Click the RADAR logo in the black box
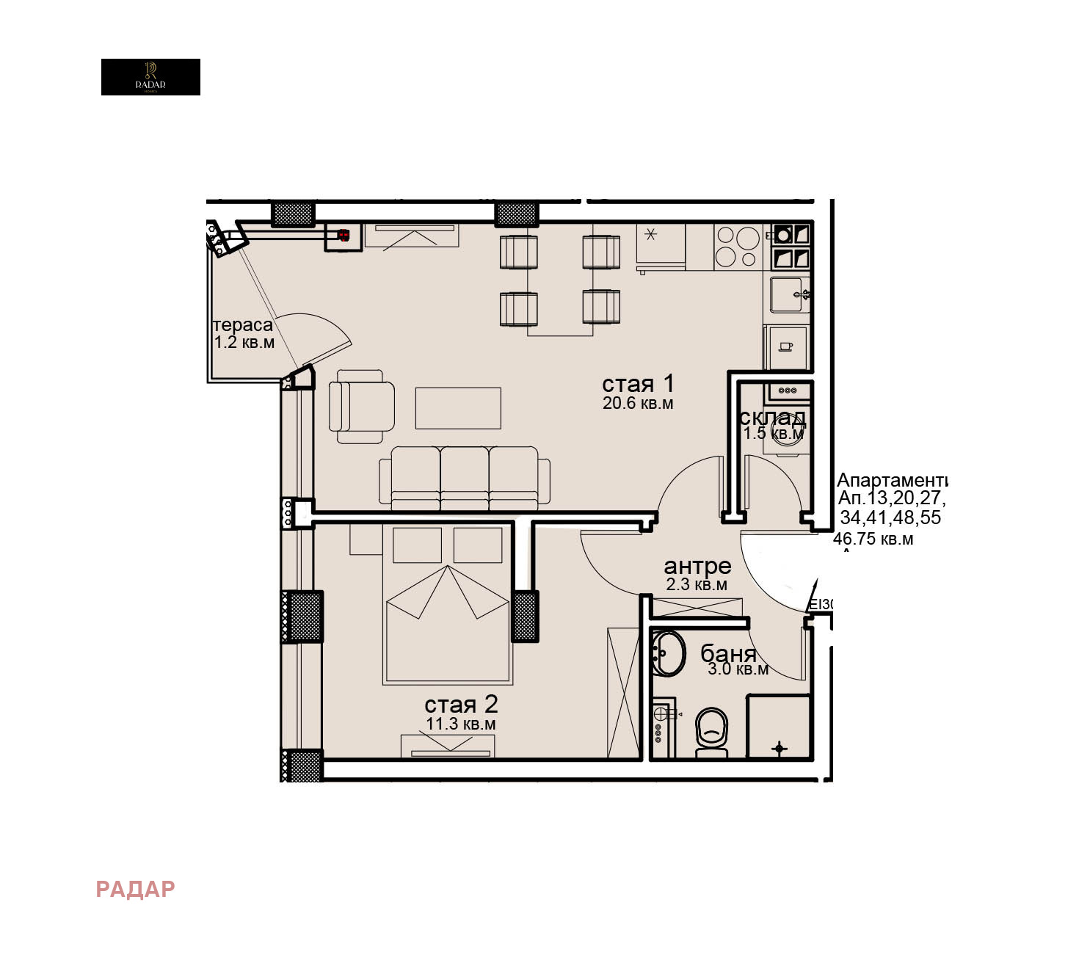[x=150, y=76]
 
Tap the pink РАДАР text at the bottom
[x=135, y=889]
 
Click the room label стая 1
[x=637, y=383]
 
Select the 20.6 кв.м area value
[x=637, y=403]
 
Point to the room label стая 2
[x=461, y=705]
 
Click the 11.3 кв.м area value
[x=461, y=724]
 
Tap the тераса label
[x=242, y=324]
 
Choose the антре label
[x=697, y=566]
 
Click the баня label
[x=728, y=653]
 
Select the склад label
[x=772, y=417]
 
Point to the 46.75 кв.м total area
[x=873, y=539]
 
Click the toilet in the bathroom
[x=711, y=731]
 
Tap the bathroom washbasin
[x=668, y=653]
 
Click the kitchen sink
[x=790, y=294]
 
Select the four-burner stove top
[x=738, y=247]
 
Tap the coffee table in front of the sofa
[x=458, y=408]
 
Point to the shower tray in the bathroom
[x=779, y=727]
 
